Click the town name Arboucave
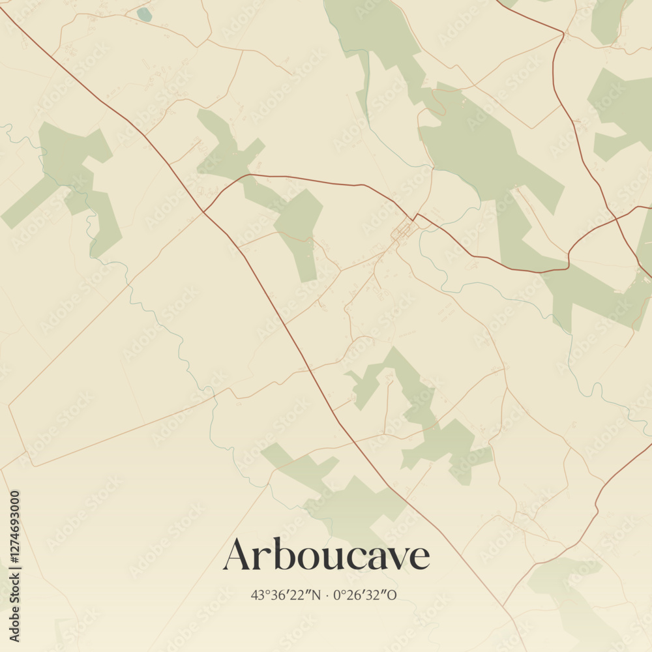coord(326,555)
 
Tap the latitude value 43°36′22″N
coord(286,595)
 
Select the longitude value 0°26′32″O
coord(364,595)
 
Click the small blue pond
coord(144,14)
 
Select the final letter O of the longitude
coord(393,595)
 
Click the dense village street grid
coord(402,230)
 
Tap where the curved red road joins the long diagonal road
coord(204,211)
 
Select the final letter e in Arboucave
coord(420,558)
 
